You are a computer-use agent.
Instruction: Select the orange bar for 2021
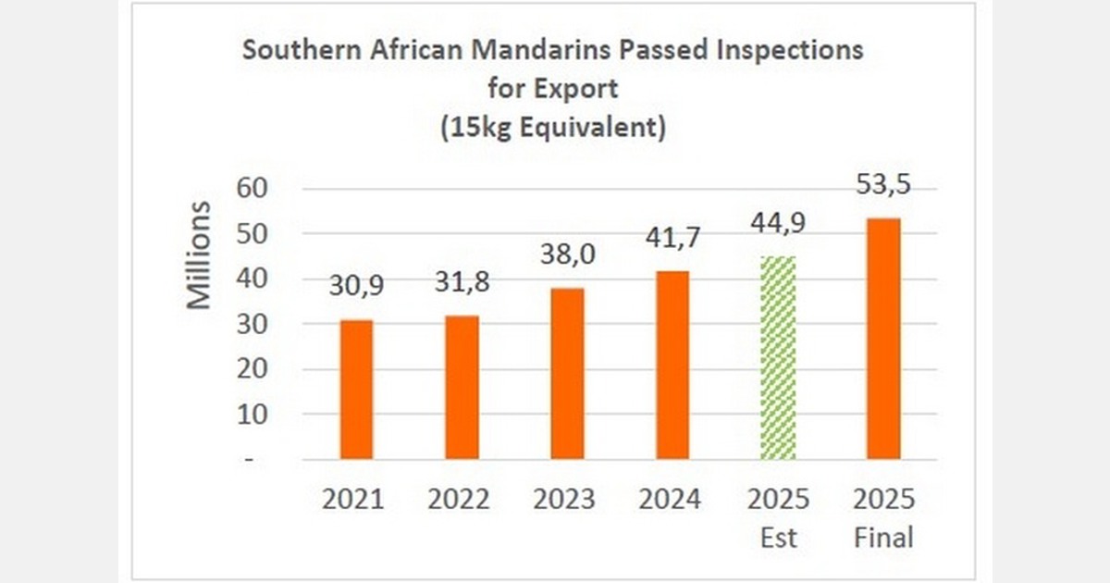[x=356, y=390]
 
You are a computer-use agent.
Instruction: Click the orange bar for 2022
[x=462, y=388]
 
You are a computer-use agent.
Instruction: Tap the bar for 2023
[x=567, y=374]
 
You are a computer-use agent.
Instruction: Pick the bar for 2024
[x=672, y=366]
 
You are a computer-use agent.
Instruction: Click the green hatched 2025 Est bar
[x=778, y=358]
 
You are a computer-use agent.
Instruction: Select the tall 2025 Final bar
[x=882, y=339]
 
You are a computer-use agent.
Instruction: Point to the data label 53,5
[x=882, y=185]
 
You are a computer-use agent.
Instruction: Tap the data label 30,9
[x=356, y=288]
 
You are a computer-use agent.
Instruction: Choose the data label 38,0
[x=567, y=255]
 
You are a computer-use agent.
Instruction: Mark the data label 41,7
[x=672, y=239]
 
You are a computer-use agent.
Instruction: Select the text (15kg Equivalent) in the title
[x=553, y=128]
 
